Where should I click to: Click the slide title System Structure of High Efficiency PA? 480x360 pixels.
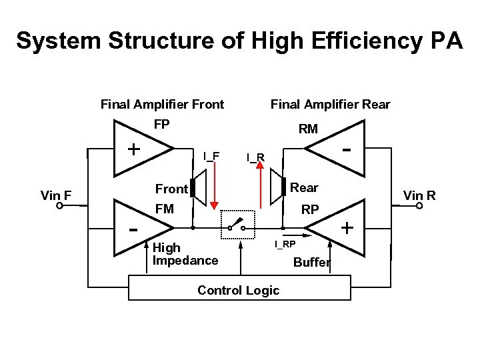click(x=239, y=41)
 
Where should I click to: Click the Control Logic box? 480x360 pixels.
click(x=239, y=290)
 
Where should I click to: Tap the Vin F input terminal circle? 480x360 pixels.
click(x=59, y=207)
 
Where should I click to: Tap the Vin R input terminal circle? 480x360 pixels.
click(x=419, y=207)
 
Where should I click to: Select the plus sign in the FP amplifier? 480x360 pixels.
click(x=134, y=148)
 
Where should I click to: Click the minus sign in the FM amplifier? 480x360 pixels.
click(x=133, y=230)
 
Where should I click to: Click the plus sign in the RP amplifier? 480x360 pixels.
click(x=347, y=228)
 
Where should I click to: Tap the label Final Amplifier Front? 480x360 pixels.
click(x=162, y=104)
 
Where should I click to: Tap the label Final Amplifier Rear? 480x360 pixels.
click(x=330, y=104)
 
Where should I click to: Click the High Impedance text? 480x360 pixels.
click(x=185, y=254)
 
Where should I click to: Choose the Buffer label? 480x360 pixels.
click(x=312, y=262)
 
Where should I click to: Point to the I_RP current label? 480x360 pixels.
click(x=285, y=245)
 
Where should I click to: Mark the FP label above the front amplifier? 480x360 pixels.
click(x=161, y=125)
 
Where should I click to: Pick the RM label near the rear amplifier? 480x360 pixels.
click(x=308, y=129)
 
